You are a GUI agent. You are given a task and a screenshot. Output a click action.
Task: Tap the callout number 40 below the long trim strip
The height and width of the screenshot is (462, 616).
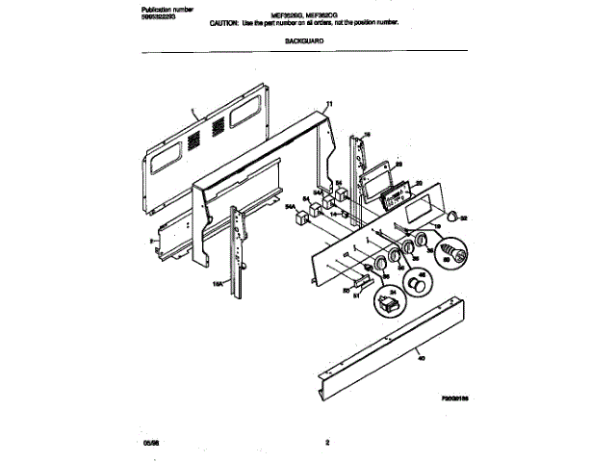(x=420, y=357)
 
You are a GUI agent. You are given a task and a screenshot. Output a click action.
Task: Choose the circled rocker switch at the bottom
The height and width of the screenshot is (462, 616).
(x=392, y=307)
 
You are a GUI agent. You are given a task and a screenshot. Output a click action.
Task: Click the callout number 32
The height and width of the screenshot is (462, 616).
(x=464, y=219)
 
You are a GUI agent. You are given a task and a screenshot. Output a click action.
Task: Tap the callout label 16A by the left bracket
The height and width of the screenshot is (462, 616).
(x=218, y=283)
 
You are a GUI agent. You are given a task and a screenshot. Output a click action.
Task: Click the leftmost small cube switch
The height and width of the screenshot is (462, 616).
(x=298, y=219)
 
